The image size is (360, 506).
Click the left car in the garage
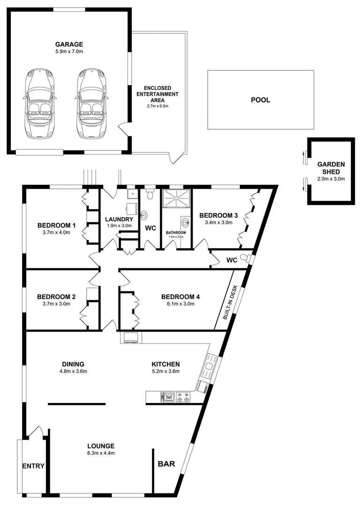pos(40,103)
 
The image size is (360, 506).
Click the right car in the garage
pos(91,103)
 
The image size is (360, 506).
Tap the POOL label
pos(260,100)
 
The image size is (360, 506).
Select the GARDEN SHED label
pos(331,168)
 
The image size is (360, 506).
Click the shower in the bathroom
pos(177,198)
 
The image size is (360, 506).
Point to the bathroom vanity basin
pos(185,222)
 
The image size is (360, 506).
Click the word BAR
pos(166,464)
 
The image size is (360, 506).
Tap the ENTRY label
pos(33,466)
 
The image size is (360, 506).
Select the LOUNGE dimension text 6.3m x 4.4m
pos(100,453)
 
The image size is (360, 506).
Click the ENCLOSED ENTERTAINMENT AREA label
pos(157,94)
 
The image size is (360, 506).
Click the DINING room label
pos(73,364)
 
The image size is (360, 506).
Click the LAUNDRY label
pos(119,219)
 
